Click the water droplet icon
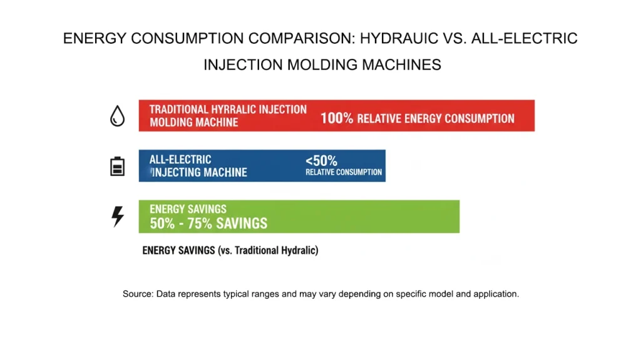pos(117,115)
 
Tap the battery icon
pos(117,166)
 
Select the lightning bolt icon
pos(117,216)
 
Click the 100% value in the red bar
pos(337,118)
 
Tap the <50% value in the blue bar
pos(321,160)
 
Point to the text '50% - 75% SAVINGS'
pos(208,224)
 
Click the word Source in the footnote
pos(136,294)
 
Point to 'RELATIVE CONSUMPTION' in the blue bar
pos(343,172)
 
